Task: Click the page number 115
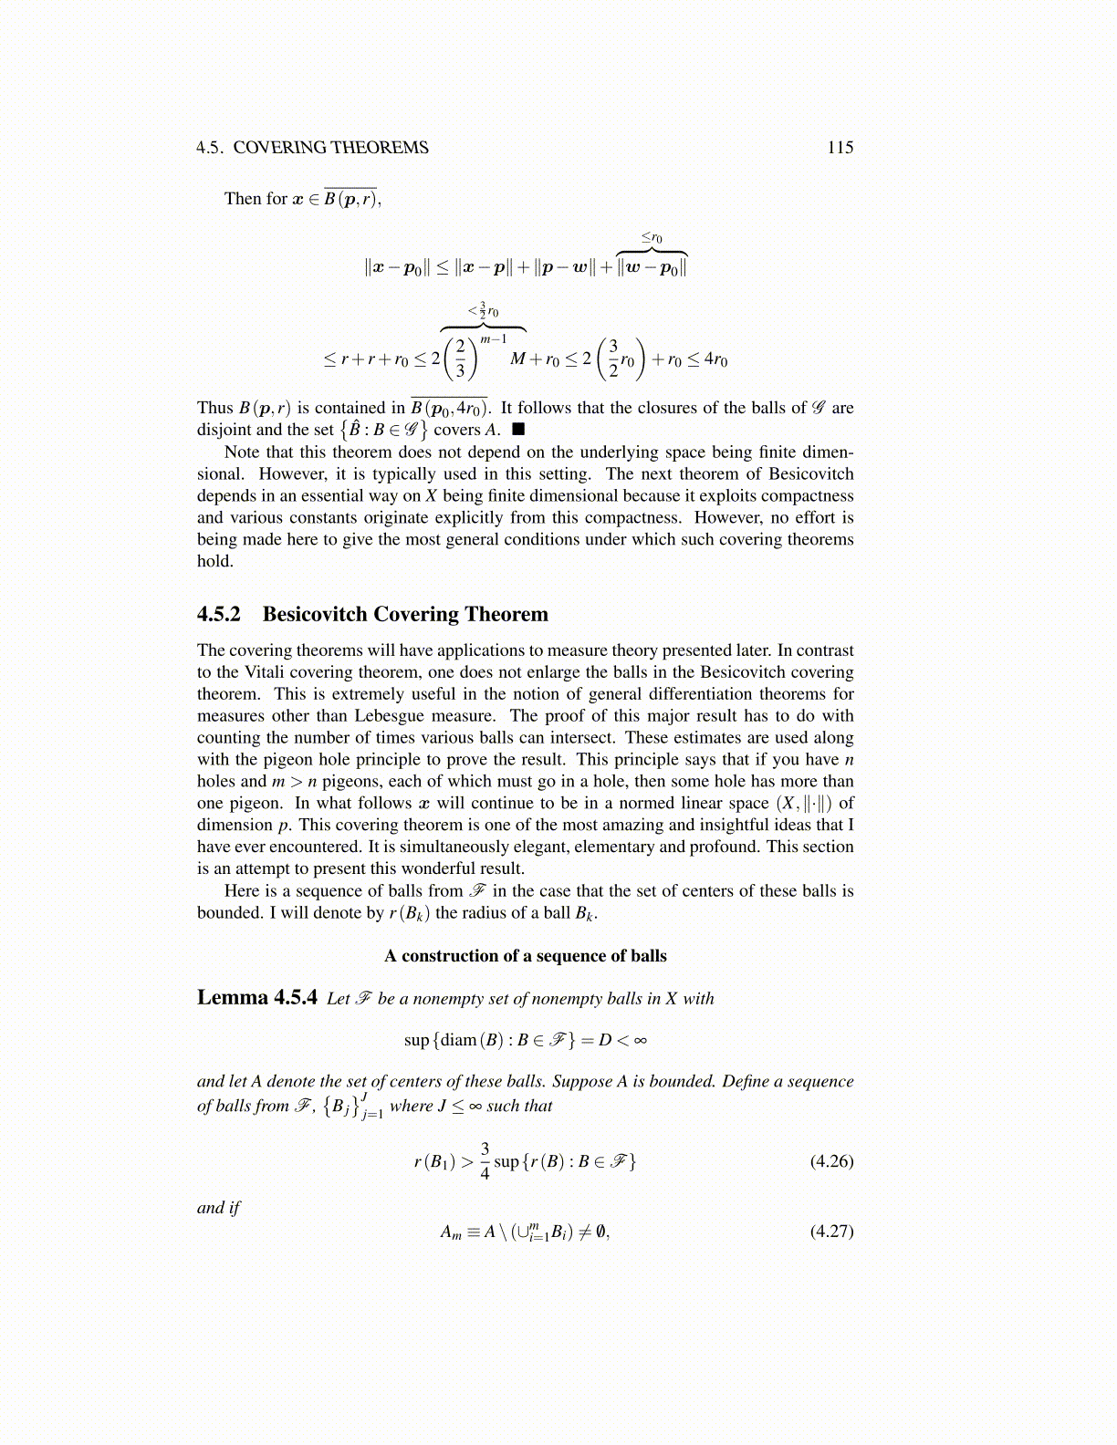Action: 840,148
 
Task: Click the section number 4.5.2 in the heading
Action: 219,614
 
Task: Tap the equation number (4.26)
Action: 831,1161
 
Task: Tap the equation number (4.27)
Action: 831,1231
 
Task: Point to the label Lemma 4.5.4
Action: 257,997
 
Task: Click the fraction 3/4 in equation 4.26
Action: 485,1160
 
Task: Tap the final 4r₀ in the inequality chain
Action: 715,359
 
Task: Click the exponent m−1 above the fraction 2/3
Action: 494,339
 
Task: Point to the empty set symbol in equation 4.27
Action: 600,1232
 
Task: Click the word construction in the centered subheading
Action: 449,956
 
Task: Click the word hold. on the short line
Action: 215,561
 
